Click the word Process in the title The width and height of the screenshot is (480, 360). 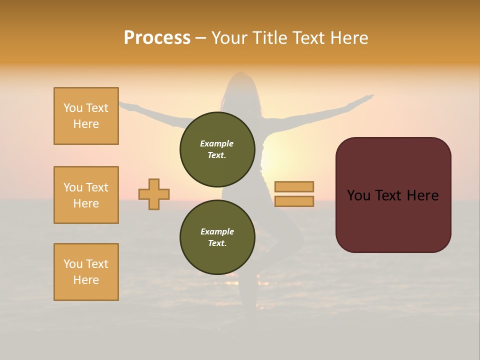tap(157, 38)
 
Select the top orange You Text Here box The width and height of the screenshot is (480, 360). tap(86, 116)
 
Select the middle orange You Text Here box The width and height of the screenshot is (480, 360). tap(86, 195)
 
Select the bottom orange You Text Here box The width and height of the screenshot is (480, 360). tap(86, 272)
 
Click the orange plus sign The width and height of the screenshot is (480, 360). tap(154, 194)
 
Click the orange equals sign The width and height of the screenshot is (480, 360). tap(294, 194)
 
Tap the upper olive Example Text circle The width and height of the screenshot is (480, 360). tap(217, 149)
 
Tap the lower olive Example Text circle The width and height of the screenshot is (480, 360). tap(217, 237)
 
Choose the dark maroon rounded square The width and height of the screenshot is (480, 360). tap(393, 195)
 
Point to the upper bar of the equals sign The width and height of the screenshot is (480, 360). tap(294, 186)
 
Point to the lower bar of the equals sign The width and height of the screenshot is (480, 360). tap(294, 201)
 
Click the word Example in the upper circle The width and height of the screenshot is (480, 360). tap(217, 143)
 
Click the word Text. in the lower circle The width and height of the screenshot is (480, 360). tap(217, 243)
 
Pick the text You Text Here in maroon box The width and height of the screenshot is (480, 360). tap(393, 195)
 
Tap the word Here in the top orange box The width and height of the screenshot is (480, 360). tap(86, 124)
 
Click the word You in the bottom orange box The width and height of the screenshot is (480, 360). tap(72, 264)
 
